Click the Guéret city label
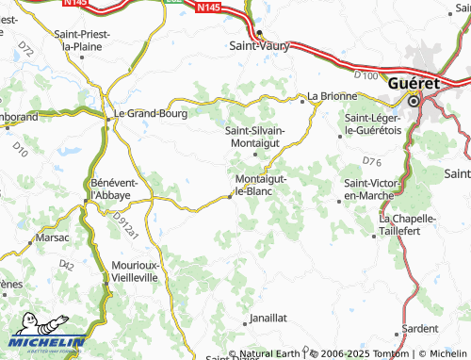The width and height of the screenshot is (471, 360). pyautogui.click(x=414, y=83)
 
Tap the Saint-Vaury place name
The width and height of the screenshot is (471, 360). pyautogui.click(x=259, y=44)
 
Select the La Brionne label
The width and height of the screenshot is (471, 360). pyautogui.click(x=333, y=96)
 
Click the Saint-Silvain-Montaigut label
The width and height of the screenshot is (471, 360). pyautogui.click(x=259, y=137)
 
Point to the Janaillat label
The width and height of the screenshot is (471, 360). pyautogui.click(x=267, y=319)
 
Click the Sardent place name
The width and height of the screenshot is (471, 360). pyautogui.click(x=419, y=329)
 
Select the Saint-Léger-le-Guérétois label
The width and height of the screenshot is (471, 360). pyautogui.click(x=374, y=123)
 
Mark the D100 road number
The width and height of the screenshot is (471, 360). pyautogui.click(x=366, y=75)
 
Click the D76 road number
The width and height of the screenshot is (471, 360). pyautogui.click(x=371, y=161)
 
